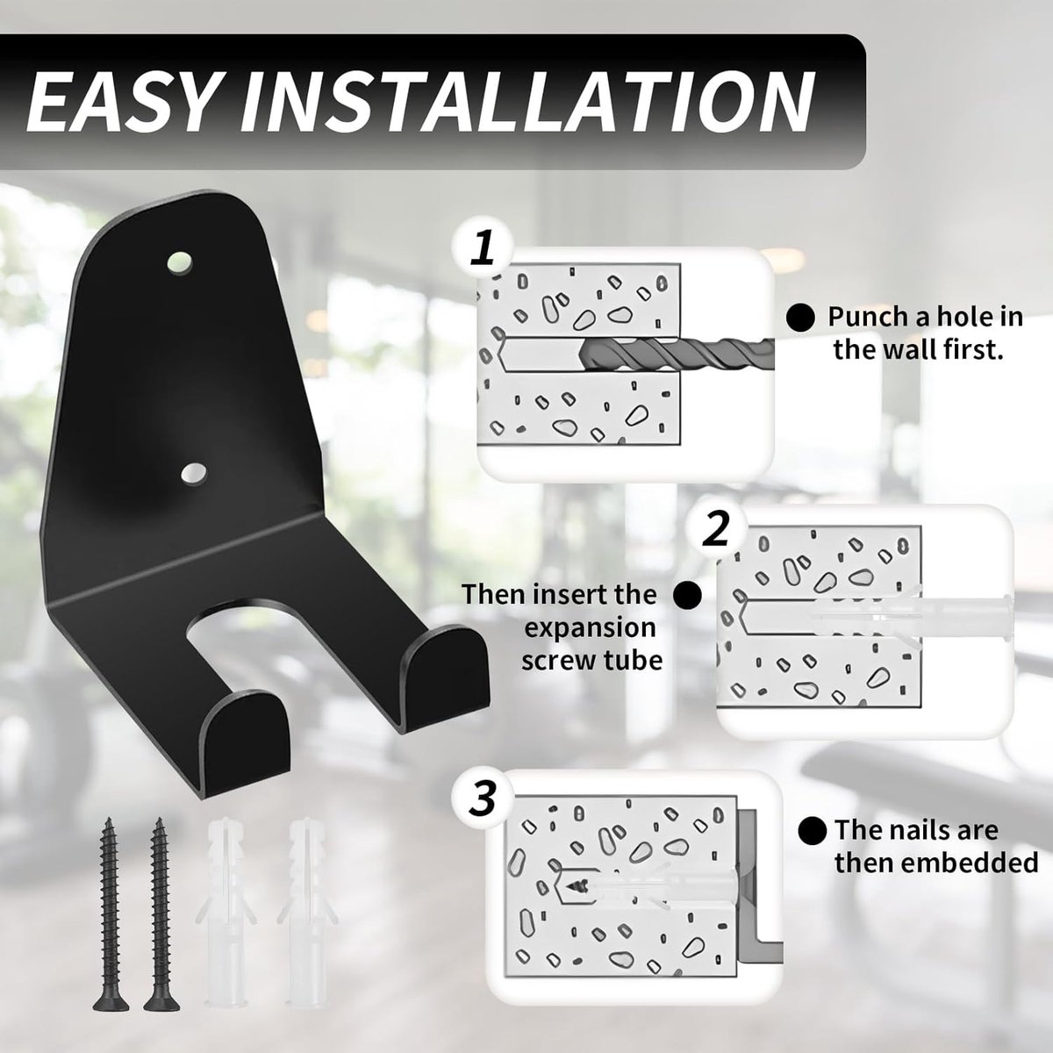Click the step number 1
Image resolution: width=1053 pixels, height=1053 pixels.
[x=483, y=249]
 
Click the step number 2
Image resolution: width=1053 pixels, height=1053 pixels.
[x=717, y=530]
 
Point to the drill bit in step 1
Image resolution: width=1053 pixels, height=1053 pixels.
[x=677, y=353]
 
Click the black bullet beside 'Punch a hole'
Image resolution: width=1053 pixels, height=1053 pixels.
[x=800, y=318]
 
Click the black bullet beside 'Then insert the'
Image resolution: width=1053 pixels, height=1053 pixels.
[x=688, y=594]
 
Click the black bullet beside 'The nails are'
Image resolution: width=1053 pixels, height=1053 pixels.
[x=812, y=832]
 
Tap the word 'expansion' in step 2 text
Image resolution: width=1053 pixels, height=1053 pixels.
[x=591, y=627]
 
